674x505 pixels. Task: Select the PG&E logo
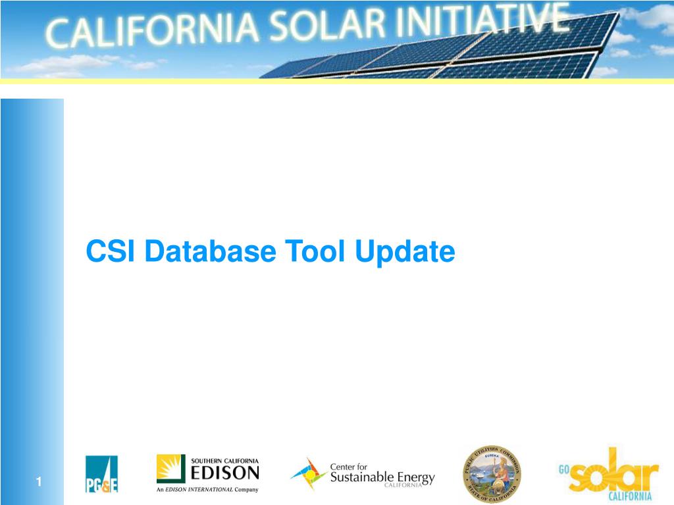tap(101, 474)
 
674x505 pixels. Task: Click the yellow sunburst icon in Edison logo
tap(170, 469)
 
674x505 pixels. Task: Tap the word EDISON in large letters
tap(224, 473)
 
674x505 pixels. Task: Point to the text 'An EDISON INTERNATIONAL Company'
tap(207, 489)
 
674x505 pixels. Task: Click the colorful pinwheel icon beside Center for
tap(308, 474)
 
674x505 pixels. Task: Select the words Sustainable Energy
tap(382, 477)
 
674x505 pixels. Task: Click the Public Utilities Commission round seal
tap(491, 474)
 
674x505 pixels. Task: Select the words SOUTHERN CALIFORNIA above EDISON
tap(224, 460)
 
